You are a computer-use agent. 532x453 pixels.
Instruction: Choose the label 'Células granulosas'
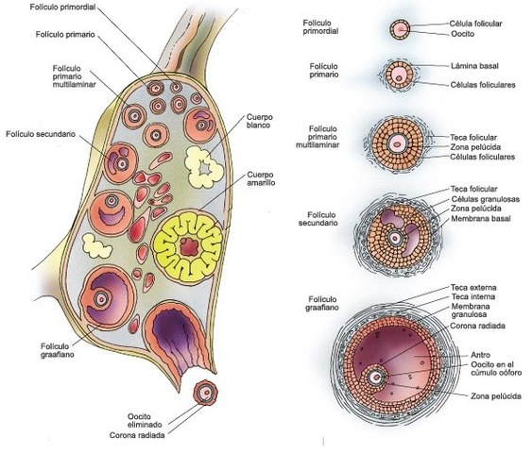tap(485, 199)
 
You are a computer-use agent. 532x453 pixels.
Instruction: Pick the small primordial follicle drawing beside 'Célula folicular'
tap(401, 30)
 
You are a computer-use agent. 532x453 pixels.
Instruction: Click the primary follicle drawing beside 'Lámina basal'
tap(401, 75)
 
